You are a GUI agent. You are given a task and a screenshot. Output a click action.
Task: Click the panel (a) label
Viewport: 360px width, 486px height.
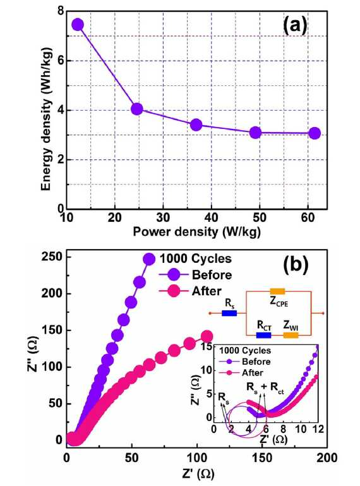[x=295, y=26]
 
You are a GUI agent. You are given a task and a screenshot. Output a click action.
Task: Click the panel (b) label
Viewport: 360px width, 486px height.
[x=296, y=265]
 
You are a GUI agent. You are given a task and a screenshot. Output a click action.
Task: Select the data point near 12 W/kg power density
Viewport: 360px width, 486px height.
[x=78, y=25]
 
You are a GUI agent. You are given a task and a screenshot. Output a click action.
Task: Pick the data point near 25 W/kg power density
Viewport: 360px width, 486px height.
[x=136, y=109]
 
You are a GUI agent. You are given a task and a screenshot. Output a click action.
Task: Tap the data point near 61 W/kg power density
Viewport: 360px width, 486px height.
[x=315, y=133]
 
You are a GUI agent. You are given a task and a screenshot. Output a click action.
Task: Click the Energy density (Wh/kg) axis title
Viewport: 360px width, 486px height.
[x=47, y=119]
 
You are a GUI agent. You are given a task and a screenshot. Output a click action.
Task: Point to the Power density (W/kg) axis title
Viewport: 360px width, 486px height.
[x=196, y=232]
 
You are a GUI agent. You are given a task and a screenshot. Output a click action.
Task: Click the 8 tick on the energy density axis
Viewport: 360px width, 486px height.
[x=60, y=12]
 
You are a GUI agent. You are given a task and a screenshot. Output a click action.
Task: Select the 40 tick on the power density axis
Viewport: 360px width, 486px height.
[x=212, y=218]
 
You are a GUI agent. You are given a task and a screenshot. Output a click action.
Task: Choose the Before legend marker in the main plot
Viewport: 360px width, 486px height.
[x=174, y=275]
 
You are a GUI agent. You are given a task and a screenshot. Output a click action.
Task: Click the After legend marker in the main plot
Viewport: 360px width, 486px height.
[x=174, y=291]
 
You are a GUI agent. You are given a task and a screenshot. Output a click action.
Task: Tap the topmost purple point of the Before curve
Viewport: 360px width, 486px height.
[x=149, y=259]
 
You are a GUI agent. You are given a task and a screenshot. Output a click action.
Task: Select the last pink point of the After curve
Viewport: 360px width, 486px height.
[x=207, y=336]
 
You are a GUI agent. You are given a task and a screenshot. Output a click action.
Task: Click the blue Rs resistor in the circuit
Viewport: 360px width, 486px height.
[x=229, y=313]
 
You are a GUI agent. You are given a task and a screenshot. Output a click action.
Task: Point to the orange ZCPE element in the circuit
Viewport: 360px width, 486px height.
[x=277, y=291]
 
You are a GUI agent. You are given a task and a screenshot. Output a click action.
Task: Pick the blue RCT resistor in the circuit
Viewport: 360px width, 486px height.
[x=263, y=335]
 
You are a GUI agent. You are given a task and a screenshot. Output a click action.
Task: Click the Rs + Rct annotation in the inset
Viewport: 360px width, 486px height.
[x=265, y=387]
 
